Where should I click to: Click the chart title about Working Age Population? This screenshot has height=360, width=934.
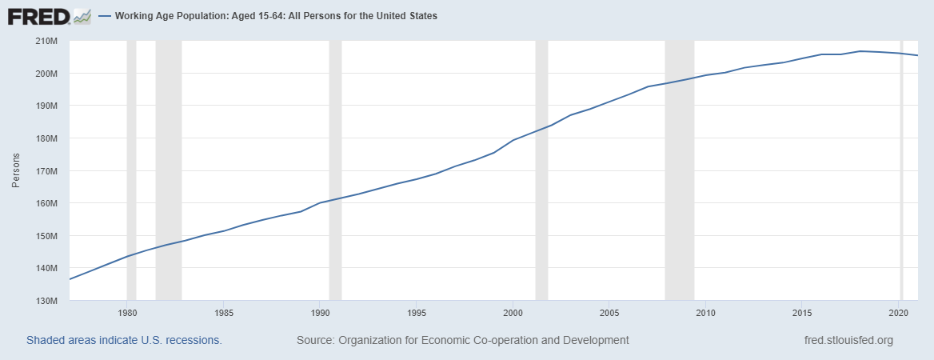click(276, 16)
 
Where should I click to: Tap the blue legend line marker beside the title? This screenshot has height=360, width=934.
click(105, 16)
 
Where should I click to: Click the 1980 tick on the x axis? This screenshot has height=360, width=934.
click(127, 312)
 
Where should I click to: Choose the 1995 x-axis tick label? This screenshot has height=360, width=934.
click(416, 312)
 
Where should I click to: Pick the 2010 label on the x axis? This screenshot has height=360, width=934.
click(705, 312)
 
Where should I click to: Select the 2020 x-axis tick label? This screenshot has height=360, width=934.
click(898, 312)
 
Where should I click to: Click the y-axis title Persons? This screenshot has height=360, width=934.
click(15, 171)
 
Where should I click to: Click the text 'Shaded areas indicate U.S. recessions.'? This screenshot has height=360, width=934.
click(124, 340)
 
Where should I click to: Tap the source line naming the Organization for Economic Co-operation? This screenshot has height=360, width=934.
click(462, 340)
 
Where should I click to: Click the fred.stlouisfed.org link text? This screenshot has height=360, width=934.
click(848, 340)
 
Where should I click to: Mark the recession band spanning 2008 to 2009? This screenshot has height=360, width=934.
click(680, 170)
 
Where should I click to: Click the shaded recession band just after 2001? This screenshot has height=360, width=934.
click(541, 170)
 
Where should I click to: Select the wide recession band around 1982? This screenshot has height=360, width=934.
click(168, 170)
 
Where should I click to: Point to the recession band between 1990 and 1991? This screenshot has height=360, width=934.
click(335, 170)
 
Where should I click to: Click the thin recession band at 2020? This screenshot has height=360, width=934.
click(901, 170)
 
